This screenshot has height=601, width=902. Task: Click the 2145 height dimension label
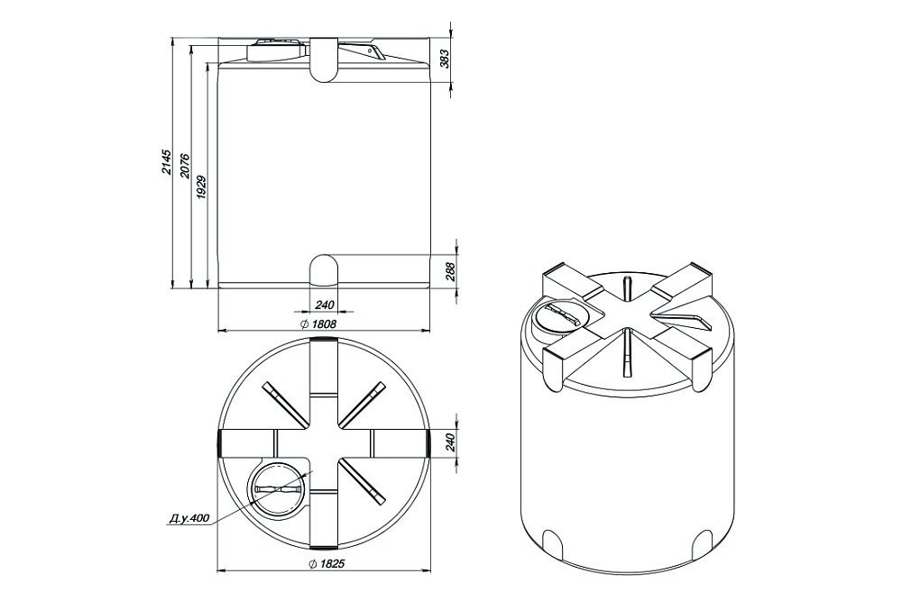(x=166, y=162)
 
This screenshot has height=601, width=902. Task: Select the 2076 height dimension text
(x=184, y=166)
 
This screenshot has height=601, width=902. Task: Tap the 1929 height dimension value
(x=201, y=187)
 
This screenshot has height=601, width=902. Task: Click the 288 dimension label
(x=450, y=271)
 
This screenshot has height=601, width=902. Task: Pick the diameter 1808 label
(x=318, y=324)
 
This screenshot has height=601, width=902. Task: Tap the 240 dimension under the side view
(x=325, y=304)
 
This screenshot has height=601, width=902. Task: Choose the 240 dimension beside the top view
(x=450, y=442)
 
